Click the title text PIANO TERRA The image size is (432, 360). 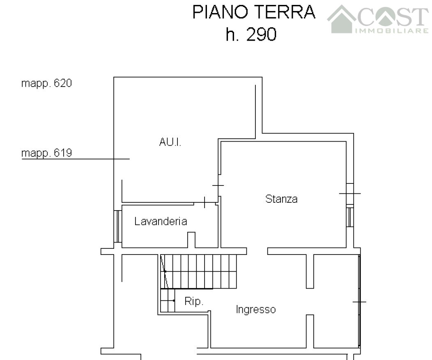click(254, 12)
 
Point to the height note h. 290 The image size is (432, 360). click(251, 34)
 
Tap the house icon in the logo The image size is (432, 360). click(342, 19)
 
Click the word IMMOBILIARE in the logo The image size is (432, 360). click(392, 30)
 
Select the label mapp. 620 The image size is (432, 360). click(46, 83)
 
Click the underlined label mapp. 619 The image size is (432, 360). click(46, 153)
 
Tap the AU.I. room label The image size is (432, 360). click(170, 142)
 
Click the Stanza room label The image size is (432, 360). click(281, 199)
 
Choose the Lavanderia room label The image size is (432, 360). click(161, 221)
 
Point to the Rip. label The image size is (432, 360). click(194, 301)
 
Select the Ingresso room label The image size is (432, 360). click(256, 310)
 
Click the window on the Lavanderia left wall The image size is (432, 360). click(118, 227)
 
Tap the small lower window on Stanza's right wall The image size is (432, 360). click(350, 217)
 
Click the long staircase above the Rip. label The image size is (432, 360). click(199, 271)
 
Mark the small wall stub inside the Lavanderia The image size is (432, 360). click(191, 240)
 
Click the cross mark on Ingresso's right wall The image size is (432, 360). click(360, 302)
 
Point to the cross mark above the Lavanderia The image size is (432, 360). click(205, 202)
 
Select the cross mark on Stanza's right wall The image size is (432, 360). click(350, 193)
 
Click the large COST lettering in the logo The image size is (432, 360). click(393, 16)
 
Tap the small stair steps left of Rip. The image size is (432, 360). click(168, 300)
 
